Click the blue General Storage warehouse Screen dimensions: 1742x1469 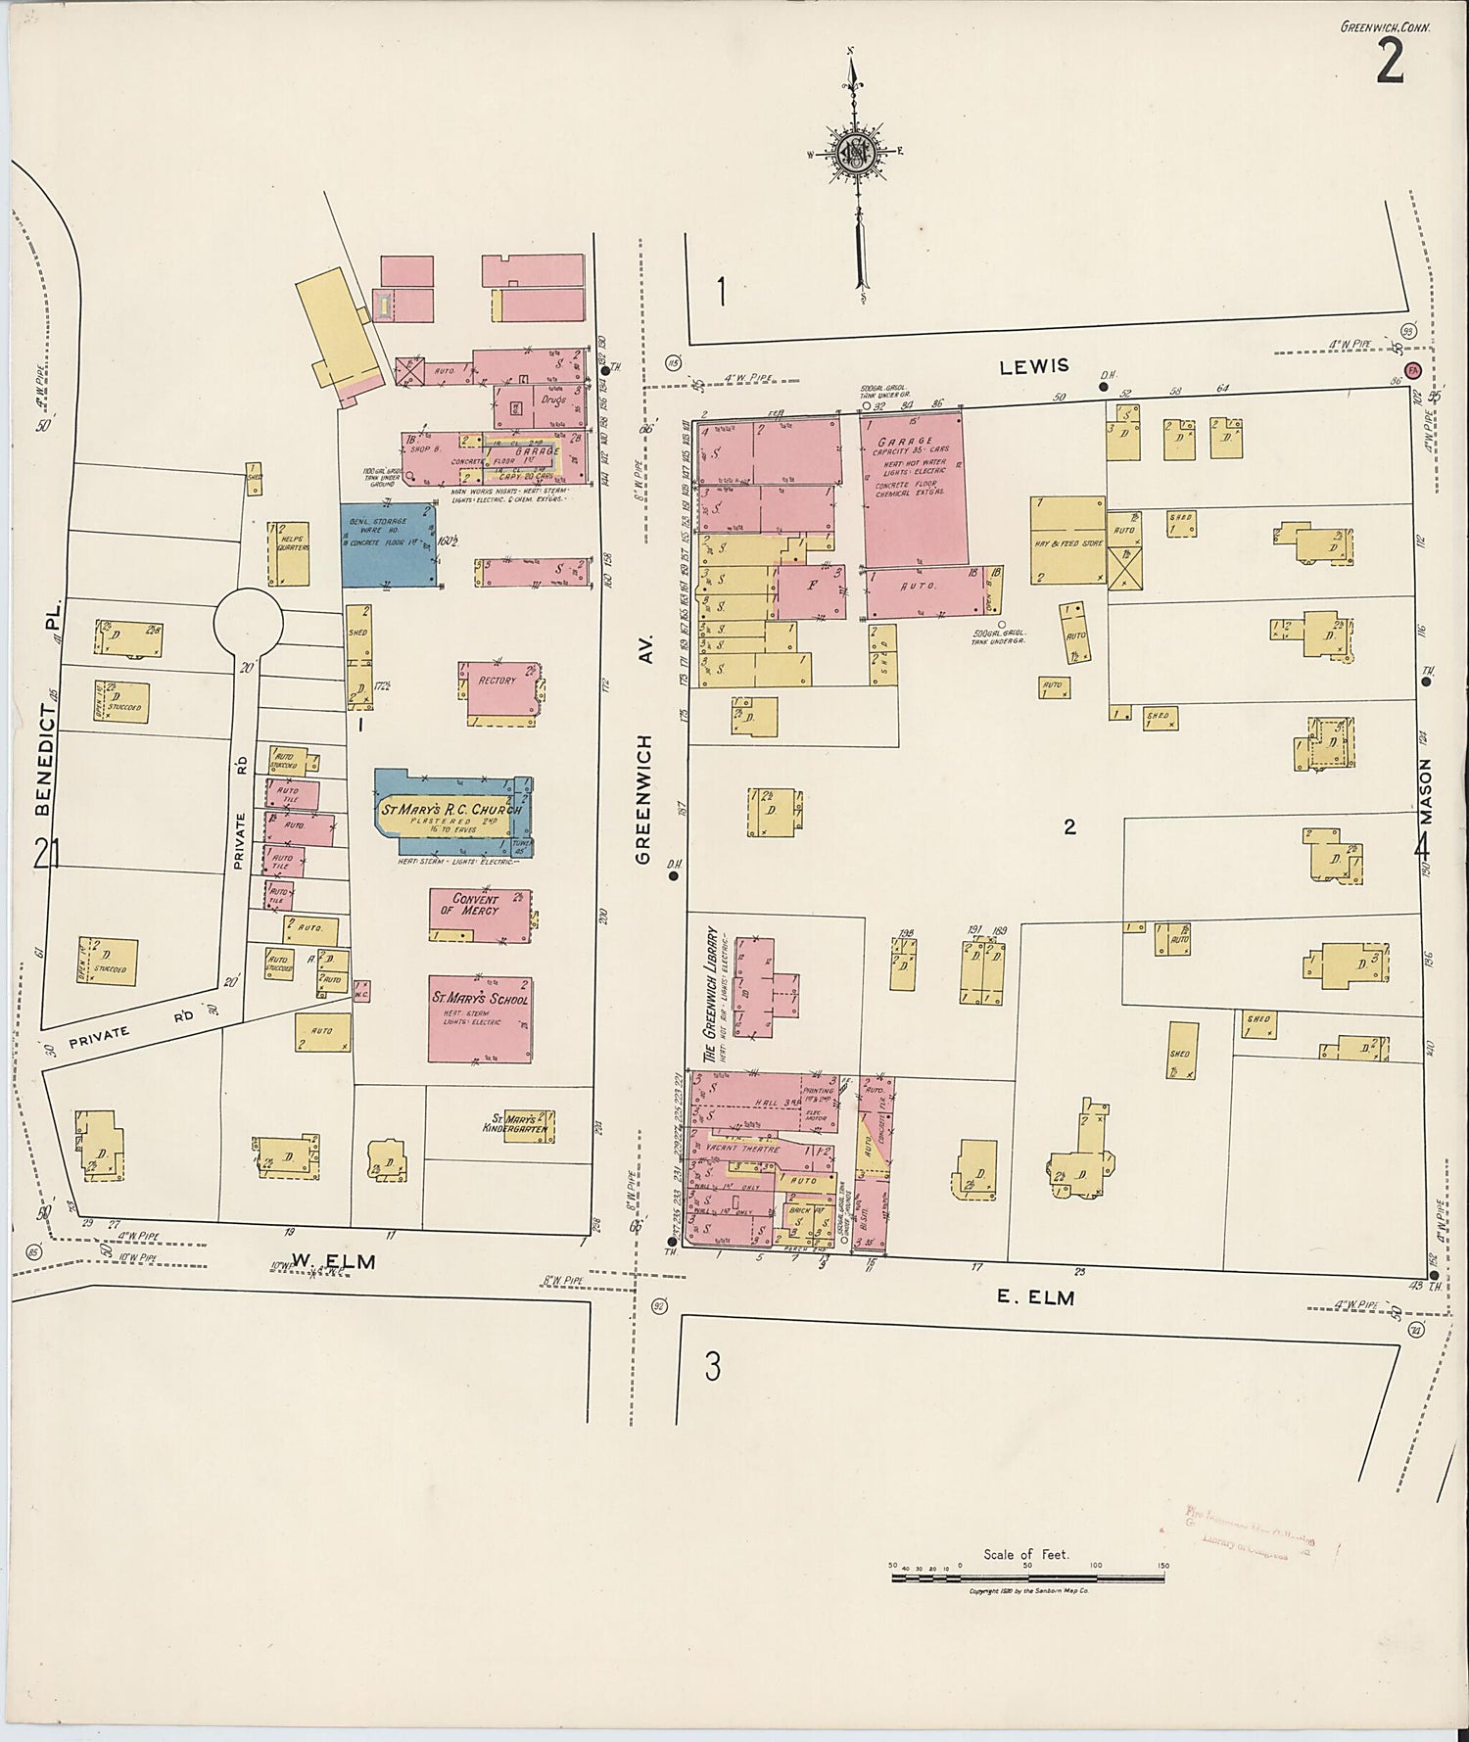pos(388,544)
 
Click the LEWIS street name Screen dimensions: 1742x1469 pos(1034,366)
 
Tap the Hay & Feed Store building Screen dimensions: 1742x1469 pos(1067,541)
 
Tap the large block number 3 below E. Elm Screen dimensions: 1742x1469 pos(713,1365)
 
